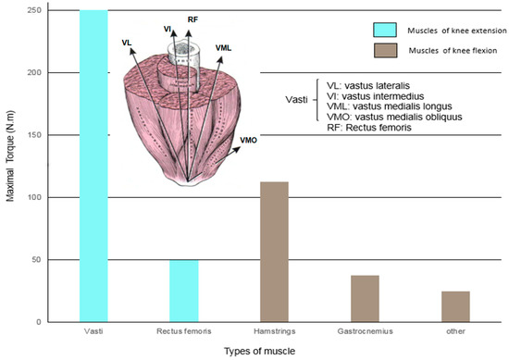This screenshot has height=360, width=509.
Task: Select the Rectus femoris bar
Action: click(x=184, y=291)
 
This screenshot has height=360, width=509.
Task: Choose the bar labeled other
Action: click(x=455, y=306)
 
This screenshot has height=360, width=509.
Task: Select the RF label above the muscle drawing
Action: click(x=192, y=19)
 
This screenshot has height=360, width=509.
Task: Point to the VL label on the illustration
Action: click(x=126, y=43)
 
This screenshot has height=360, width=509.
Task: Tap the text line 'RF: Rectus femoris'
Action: click(x=366, y=127)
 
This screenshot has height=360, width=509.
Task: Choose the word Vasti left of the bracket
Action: click(x=298, y=100)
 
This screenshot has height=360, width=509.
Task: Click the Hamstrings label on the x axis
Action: click(x=275, y=329)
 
